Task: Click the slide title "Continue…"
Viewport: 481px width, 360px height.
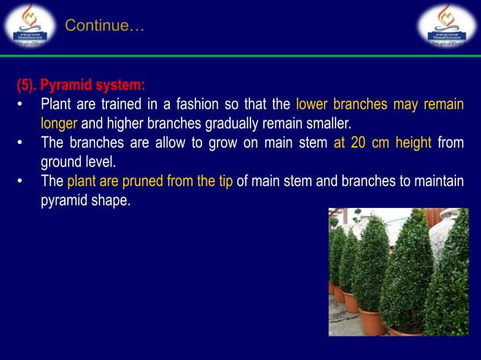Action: [104, 26]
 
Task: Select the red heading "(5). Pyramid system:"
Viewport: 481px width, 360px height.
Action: [81, 85]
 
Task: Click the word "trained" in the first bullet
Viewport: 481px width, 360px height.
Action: [127, 104]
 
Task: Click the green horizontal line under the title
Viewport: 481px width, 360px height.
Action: [240, 56]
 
